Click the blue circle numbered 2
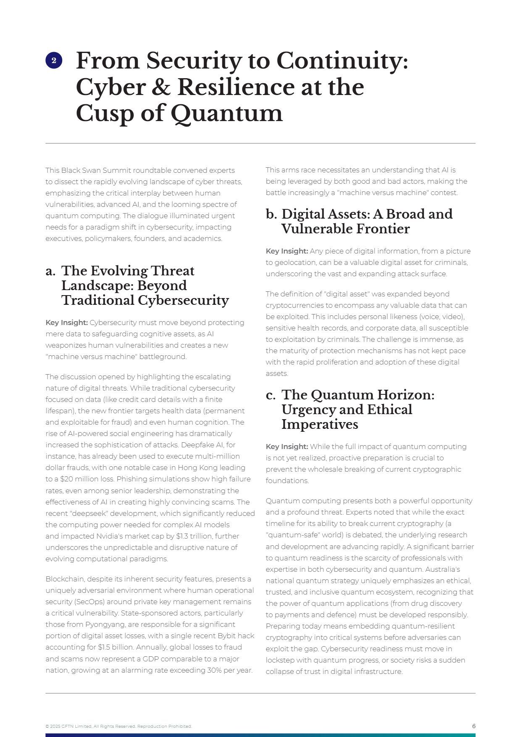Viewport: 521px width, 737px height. tap(54, 61)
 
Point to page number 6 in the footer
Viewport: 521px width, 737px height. tap(474, 726)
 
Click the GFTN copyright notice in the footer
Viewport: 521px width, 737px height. tap(118, 726)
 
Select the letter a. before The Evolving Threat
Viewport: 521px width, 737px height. tap(50, 271)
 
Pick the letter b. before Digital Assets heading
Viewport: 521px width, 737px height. tap(271, 214)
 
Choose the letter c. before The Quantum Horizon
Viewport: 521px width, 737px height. tap(271, 395)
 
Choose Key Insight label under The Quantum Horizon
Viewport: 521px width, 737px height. tap(287, 446)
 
